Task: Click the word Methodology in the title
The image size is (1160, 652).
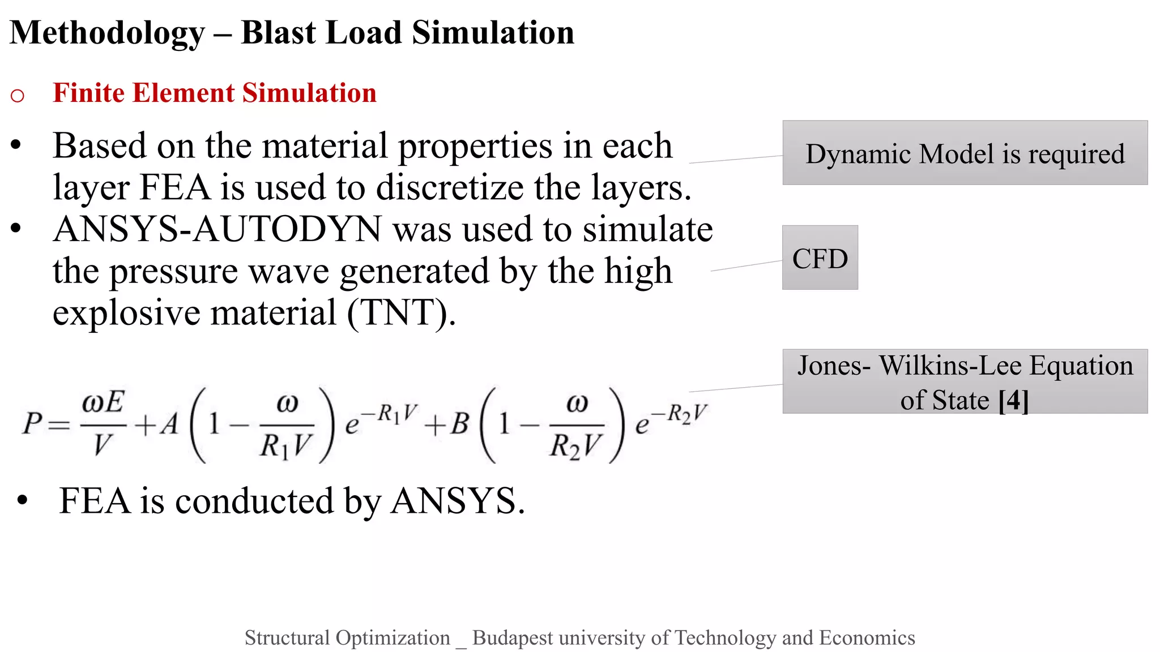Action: coord(108,33)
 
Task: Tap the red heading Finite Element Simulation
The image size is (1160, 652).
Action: coord(214,93)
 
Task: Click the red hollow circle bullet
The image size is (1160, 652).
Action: coord(18,96)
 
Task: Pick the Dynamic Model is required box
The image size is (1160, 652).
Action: coord(965,153)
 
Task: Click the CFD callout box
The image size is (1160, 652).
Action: coord(820,258)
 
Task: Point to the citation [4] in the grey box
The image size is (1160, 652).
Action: coord(1013,401)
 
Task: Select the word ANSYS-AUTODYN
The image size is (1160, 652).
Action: coord(217,229)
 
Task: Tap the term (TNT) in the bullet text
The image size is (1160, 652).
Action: coord(400,312)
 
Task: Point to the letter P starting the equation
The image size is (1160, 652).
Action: coord(32,423)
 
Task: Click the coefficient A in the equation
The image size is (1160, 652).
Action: coord(169,424)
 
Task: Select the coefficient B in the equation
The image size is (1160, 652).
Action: coord(459,424)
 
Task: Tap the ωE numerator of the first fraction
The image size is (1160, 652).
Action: coord(103,402)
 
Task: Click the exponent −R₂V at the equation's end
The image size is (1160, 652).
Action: coord(679,413)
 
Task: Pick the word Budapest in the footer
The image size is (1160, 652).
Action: coord(513,638)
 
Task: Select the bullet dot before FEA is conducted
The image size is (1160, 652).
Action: coord(22,500)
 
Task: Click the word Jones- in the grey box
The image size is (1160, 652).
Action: coord(834,366)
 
